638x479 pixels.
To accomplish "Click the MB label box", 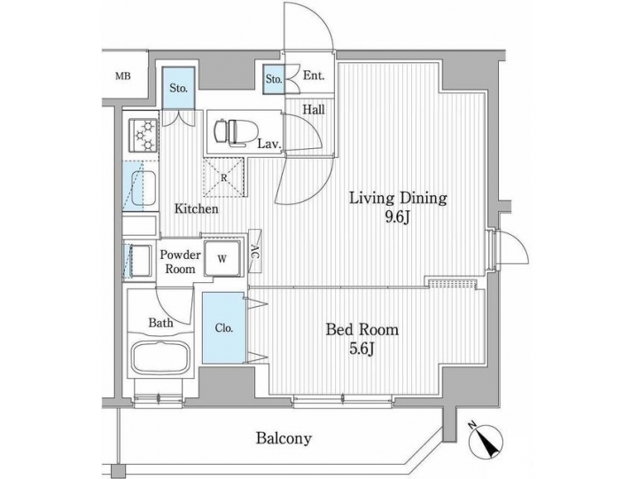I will click(123, 76).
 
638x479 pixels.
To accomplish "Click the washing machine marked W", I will click(223, 260).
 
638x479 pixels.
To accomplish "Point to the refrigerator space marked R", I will click(225, 177).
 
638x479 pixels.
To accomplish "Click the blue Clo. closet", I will click(224, 327).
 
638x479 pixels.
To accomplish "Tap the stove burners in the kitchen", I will click(142, 136).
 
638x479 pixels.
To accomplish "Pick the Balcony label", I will click(284, 438).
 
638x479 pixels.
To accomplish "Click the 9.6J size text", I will click(396, 217).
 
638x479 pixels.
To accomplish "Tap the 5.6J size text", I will click(362, 349).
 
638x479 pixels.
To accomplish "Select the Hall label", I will click(314, 110).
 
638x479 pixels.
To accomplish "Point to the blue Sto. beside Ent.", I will click(274, 80).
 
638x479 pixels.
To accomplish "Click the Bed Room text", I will click(362, 330).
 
